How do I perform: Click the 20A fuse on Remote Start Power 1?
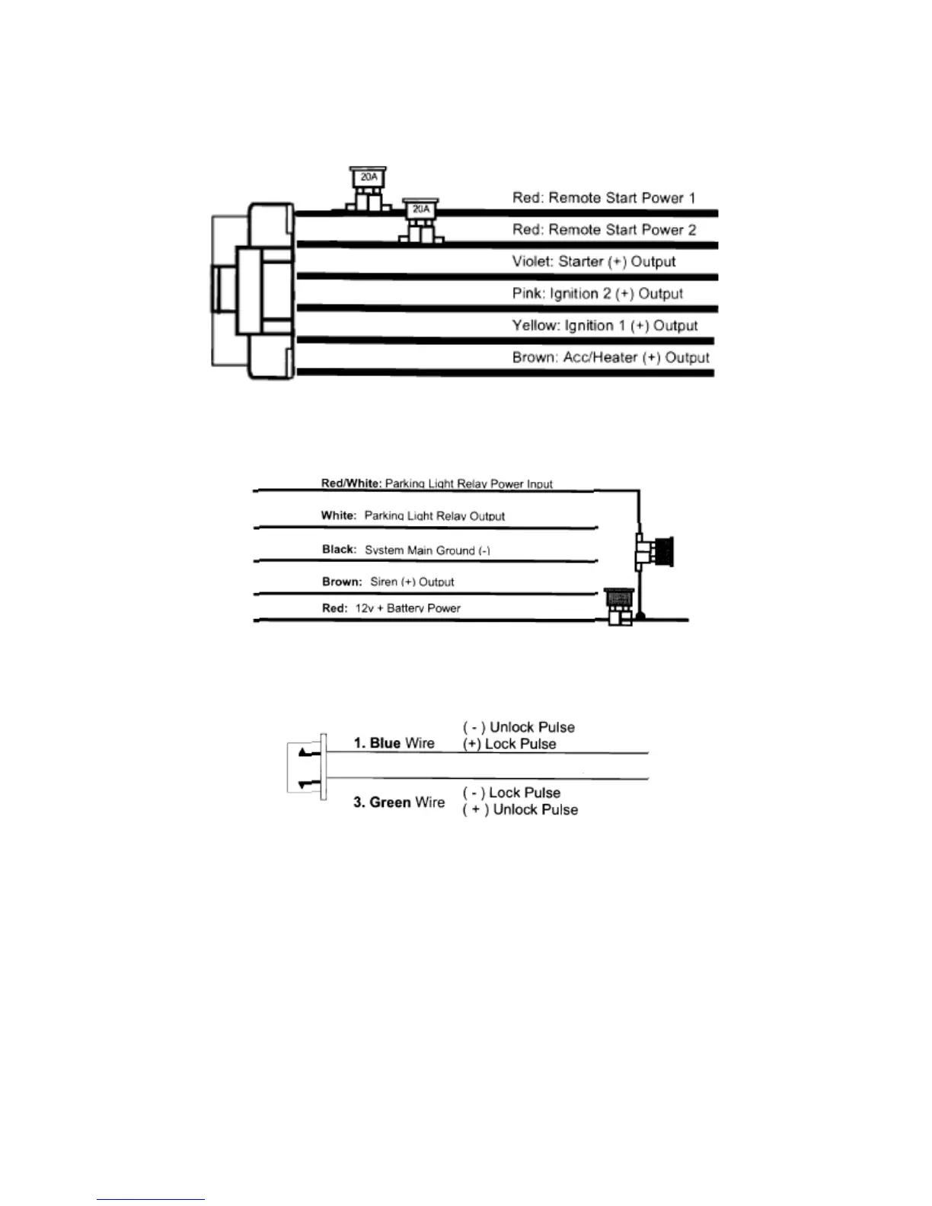pos(369,187)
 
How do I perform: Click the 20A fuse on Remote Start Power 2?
pos(421,219)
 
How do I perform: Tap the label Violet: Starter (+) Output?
pos(594,262)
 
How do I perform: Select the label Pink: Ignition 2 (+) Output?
pos(597,294)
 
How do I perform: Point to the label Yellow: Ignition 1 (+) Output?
pos(605,326)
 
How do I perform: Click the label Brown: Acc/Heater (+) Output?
pos(611,358)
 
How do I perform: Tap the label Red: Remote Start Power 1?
pos(604,198)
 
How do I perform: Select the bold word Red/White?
pos(351,483)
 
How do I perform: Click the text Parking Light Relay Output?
pos(434,516)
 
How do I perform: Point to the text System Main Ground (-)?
pos(427,550)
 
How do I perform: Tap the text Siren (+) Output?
pos(412,582)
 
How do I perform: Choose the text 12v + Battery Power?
pos(407,608)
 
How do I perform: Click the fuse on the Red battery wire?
pos(618,606)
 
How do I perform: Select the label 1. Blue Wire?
pos(394,743)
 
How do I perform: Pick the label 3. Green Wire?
pos(398,802)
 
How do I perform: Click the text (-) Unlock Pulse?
pos(519,727)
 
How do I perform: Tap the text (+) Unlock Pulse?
pos(520,810)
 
